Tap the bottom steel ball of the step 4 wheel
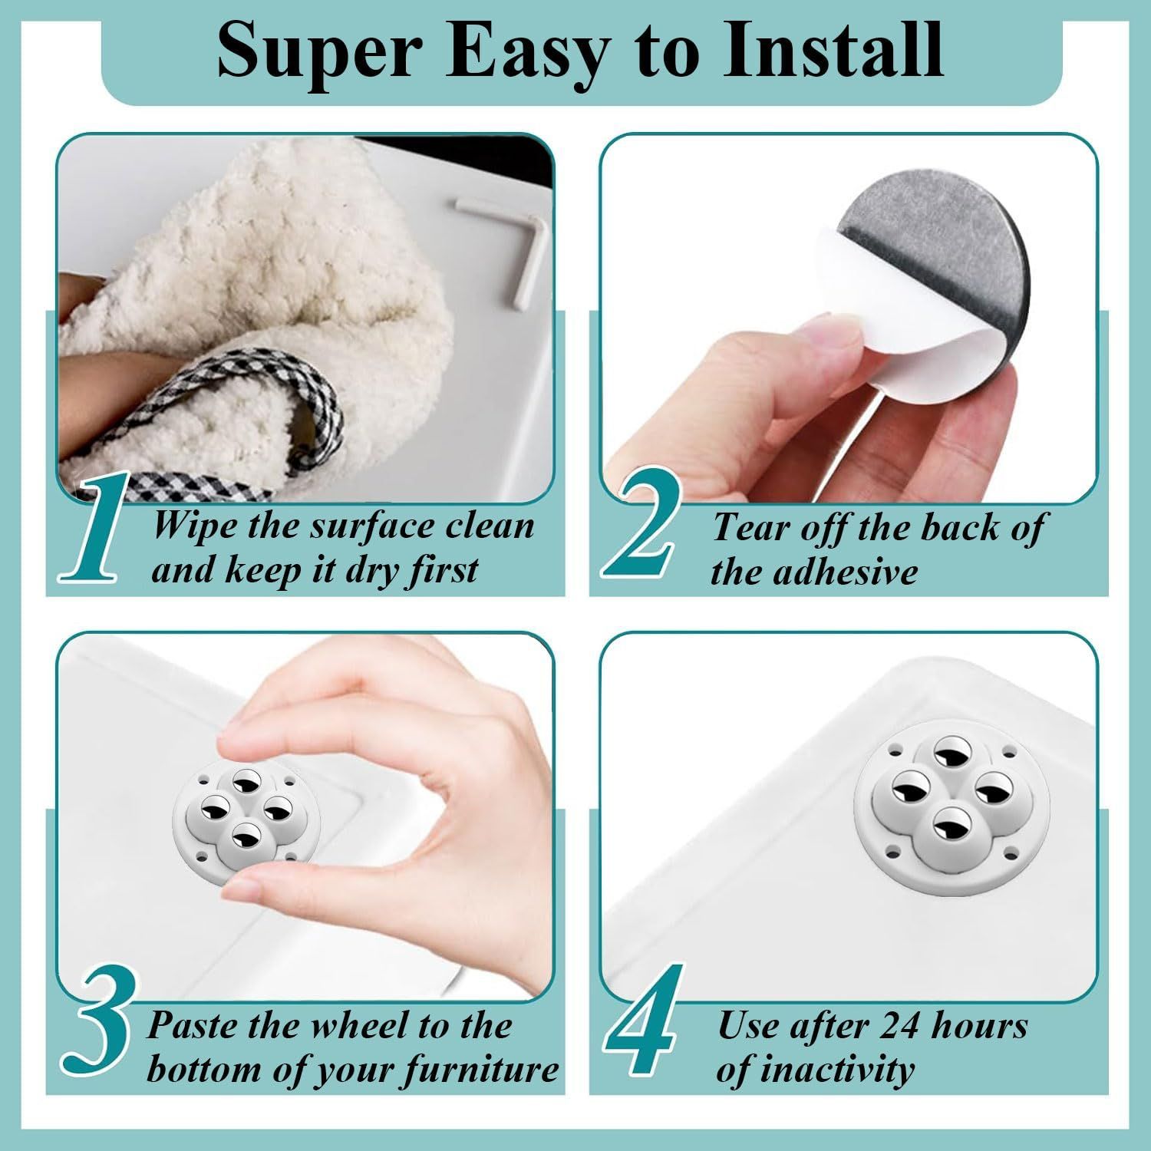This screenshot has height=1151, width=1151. coord(952,824)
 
